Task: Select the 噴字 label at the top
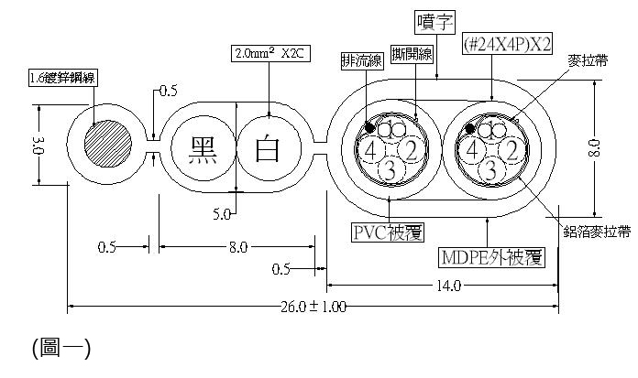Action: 409,20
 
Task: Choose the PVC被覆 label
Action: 388,231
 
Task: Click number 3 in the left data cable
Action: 389,169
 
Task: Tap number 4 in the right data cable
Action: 472,148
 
